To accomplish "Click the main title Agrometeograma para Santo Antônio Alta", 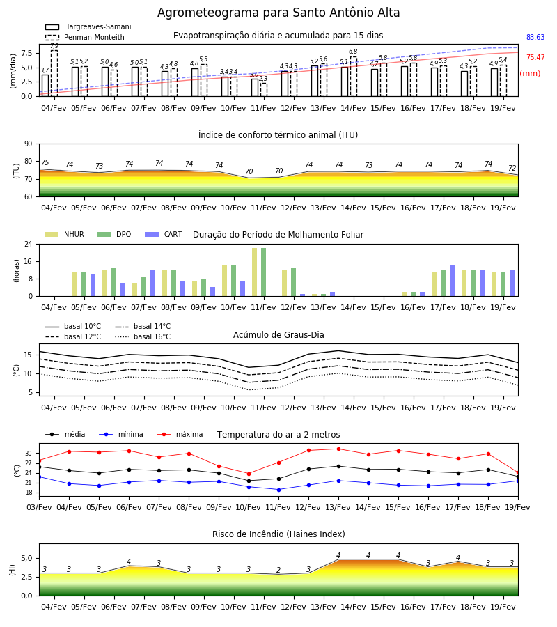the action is pos(278,13).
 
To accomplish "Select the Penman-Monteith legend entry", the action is pos(85,37).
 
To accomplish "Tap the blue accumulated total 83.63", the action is pos(535,37).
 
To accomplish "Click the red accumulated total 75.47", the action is pos(535,58).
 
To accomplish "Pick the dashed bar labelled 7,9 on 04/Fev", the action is pos(54,73).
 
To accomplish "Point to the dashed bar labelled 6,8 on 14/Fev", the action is pos(354,77).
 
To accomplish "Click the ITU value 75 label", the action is pos(45,162).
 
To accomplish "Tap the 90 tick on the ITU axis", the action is pos(29,144).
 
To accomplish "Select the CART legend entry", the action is pos(164,234).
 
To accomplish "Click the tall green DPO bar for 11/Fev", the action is pos(264,272).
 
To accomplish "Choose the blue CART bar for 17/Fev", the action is pos(453,281).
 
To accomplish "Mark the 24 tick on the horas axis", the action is pos(29,244).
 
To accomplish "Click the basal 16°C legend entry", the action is pos(143,336).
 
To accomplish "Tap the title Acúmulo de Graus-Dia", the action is pos(278,334).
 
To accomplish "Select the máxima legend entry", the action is pos(180,434).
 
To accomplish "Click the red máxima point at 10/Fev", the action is pos(249,474).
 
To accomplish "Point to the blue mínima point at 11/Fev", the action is pos(279,490).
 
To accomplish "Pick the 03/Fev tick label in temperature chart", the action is pos(39,507).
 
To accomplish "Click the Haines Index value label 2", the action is pos(278,570).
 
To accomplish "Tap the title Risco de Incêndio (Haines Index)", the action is pos(278,534).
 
